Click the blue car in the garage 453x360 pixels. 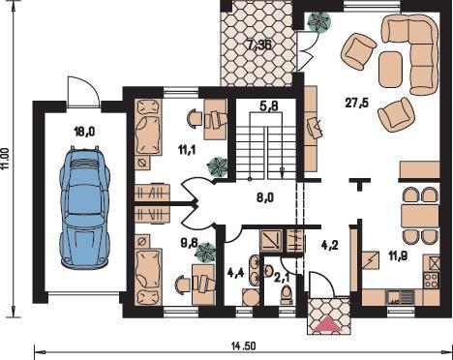pyautogui.click(x=85, y=207)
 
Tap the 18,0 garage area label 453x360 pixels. pyautogui.click(x=84, y=132)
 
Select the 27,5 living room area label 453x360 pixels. pyautogui.click(x=356, y=104)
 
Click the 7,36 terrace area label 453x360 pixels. pyautogui.click(x=259, y=45)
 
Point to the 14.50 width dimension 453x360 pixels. pyautogui.click(x=244, y=346)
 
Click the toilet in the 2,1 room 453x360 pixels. pyautogui.click(x=287, y=295)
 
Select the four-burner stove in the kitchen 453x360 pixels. pyautogui.click(x=432, y=280)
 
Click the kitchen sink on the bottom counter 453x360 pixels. pyautogui.click(x=400, y=297)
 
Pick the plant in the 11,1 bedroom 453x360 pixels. pyautogui.click(x=218, y=166)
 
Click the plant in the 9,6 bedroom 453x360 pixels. pyautogui.click(x=205, y=253)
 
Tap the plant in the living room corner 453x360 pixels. pyautogui.click(x=319, y=21)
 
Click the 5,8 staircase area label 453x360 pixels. pyautogui.click(x=268, y=105)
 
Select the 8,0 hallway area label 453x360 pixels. pyautogui.click(x=265, y=197)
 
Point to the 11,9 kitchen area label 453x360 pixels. pyautogui.click(x=398, y=256)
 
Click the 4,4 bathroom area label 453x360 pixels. pyautogui.click(x=236, y=273)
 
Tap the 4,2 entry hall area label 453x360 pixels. pyautogui.click(x=329, y=245)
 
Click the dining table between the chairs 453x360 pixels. pyautogui.click(x=420, y=216)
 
